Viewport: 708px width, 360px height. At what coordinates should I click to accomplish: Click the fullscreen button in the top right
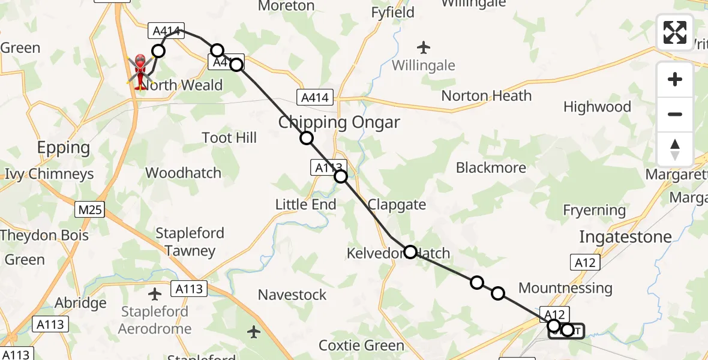click(674, 32)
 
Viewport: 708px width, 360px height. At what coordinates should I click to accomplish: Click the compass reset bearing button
click(674, 149)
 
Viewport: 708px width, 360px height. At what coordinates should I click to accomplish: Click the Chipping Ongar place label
click(339, 122)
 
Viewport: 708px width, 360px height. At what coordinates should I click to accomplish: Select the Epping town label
click(63, 148)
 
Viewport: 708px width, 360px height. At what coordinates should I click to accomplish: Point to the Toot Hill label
click(229, 138)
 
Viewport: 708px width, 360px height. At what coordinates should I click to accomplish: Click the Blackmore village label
click(491, 167)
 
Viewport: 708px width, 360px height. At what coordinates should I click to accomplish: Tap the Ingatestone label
click(625, 236)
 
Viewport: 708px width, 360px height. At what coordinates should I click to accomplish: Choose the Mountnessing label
click(565, 288)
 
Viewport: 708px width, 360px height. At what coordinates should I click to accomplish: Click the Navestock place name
click(292, 295)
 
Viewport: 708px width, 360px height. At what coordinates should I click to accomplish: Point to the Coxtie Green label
click(361, 346)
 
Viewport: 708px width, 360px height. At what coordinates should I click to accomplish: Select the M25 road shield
click(90, 209)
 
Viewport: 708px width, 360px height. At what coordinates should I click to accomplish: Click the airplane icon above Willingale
click(424, 47)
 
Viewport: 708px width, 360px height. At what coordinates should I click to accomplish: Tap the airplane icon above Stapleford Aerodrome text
click(155, 294)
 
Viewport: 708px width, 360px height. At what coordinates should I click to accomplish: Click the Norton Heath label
click(486, 95)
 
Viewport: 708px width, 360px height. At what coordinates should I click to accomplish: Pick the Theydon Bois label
click(44, 235)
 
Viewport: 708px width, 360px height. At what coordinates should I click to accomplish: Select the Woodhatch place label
click(183, 173)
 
